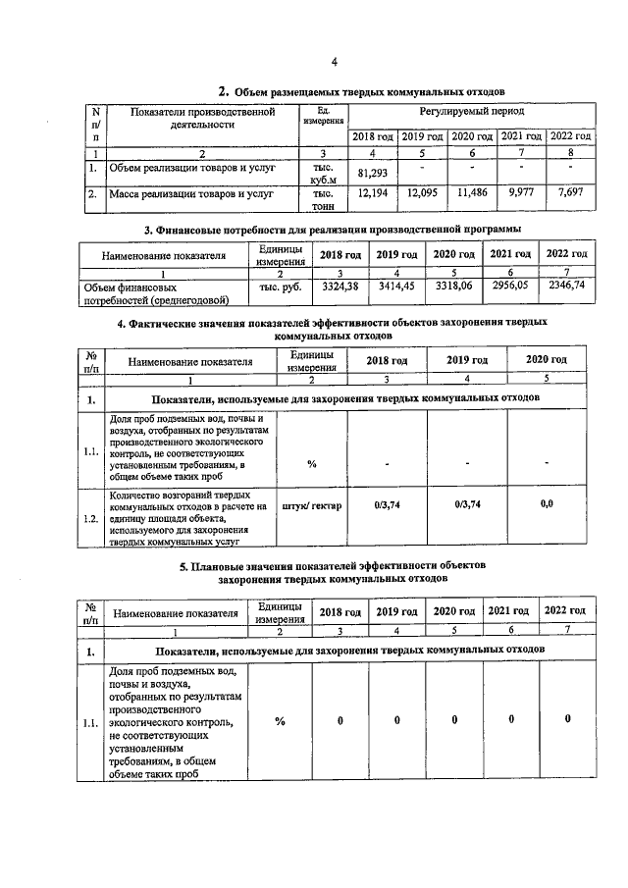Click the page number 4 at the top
pyautogui.click(x=334, y=63)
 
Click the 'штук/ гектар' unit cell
pyautogui.click(x=312, y=506)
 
